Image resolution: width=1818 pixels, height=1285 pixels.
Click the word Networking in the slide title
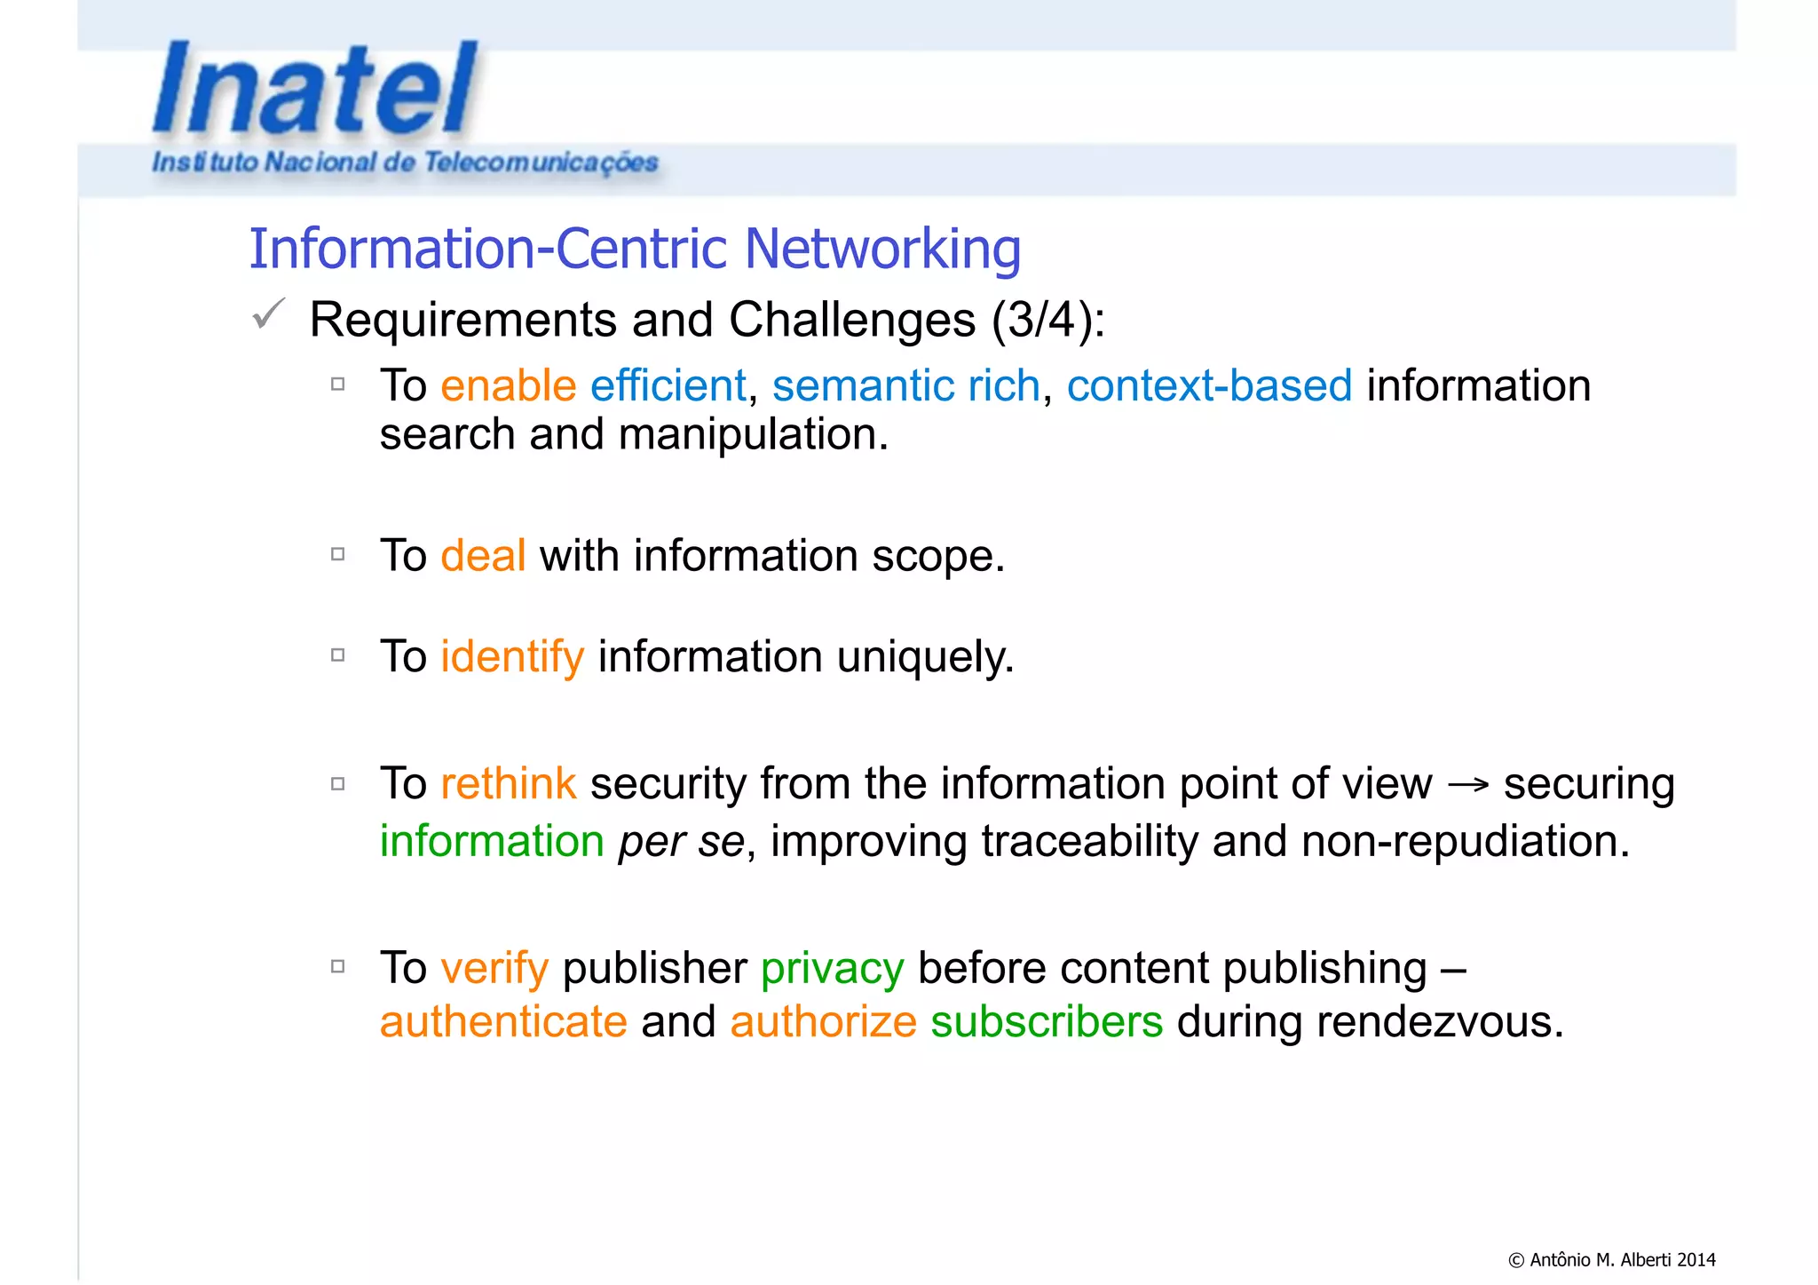point(882,249)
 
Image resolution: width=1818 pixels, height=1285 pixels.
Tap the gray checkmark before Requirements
point(268,314)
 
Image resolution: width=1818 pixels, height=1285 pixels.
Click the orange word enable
point(509,386)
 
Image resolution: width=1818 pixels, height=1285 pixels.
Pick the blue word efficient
point(668,386)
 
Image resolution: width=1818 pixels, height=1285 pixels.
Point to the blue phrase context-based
point(1209,386)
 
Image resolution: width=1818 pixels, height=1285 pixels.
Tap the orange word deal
point(483,556)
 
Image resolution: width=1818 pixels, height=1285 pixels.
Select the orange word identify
point(512,657)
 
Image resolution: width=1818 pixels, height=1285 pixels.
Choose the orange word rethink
point(508,784)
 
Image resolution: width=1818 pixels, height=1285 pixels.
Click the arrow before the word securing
point(1467,785)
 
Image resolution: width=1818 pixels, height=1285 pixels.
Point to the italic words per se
point(681,842)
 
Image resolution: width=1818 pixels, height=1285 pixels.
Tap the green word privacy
point(832,968)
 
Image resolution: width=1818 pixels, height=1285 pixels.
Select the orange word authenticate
point(503,1022)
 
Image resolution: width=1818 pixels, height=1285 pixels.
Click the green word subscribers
point(1047,1022)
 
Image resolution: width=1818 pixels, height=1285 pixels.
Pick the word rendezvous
point(1439,1022)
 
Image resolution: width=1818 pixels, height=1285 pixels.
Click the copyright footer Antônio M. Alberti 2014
point(1612,1259)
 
